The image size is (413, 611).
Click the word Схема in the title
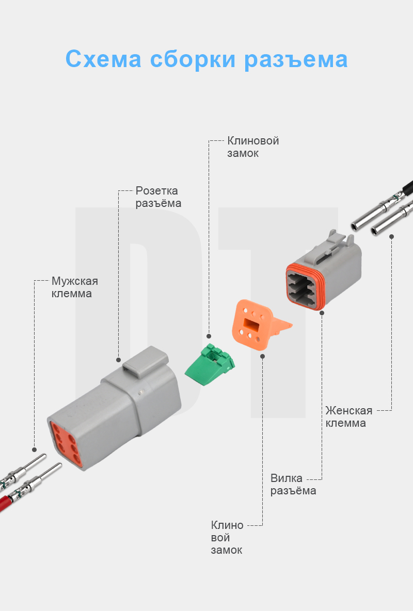pos(103,59)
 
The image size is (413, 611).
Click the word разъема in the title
pos(296,59)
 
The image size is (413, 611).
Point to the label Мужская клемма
pos(74,287)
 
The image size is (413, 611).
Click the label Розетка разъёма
pos(158,197)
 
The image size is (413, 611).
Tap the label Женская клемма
pos(348,416)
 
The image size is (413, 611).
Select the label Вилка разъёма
pos(293,484)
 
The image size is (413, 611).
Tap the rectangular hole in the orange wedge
pos(252,325)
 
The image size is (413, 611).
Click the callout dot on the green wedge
pos(209,335)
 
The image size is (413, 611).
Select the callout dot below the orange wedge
pos(263,356)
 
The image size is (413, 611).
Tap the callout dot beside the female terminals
pos(391,236)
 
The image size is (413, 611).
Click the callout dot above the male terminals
pos(35,449)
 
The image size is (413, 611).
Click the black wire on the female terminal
pos(408,186)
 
